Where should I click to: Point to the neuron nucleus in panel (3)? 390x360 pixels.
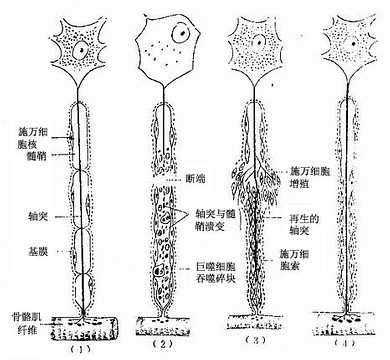tap(262, 42)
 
